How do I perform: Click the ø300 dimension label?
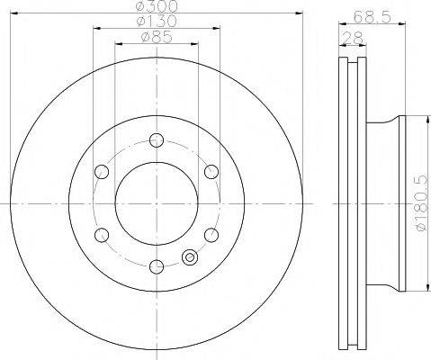pyautogui.click(x=157, y=6)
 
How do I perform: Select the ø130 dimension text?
pyautogui.click(x=157, y=21)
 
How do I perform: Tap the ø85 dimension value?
pyautogui.click(x=157, y=37)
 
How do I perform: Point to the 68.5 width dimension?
pyautogui.click(x=372, y=17)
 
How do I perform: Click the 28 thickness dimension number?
pyautogui.click(x=353, y=38)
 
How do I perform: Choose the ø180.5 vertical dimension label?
pyautogui.click(x=421, y=203)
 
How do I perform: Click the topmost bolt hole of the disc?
pyautogui.click(x=157, y=140)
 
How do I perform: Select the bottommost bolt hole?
pyautogui.click(x=157, y=266)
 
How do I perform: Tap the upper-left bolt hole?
pyautogui.click(x=102, y=172)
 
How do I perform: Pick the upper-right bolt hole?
pyautogui.click(x=211, y=172)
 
